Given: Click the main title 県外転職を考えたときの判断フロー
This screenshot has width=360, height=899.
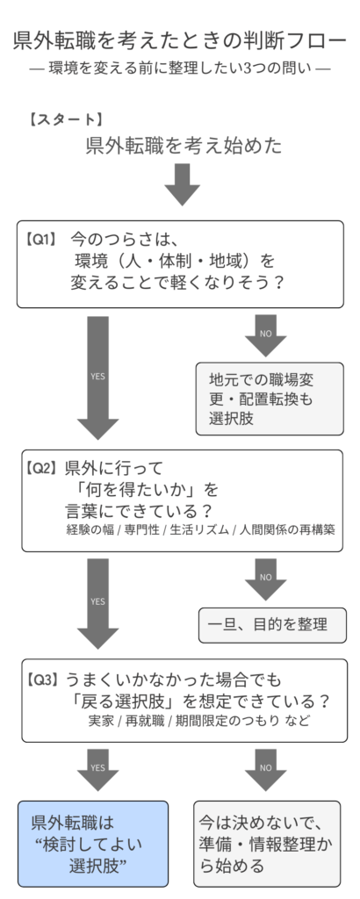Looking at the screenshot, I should coord(180,41).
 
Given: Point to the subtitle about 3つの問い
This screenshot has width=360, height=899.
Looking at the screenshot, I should coord(180,68).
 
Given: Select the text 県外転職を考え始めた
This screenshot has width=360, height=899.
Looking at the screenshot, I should coord(184,146).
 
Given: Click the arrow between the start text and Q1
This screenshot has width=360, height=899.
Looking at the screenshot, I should coord(182,183).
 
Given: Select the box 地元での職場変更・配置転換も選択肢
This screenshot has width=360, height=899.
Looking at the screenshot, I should coord(269,399).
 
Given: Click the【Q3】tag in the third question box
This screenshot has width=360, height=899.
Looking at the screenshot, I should coord(41,679).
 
